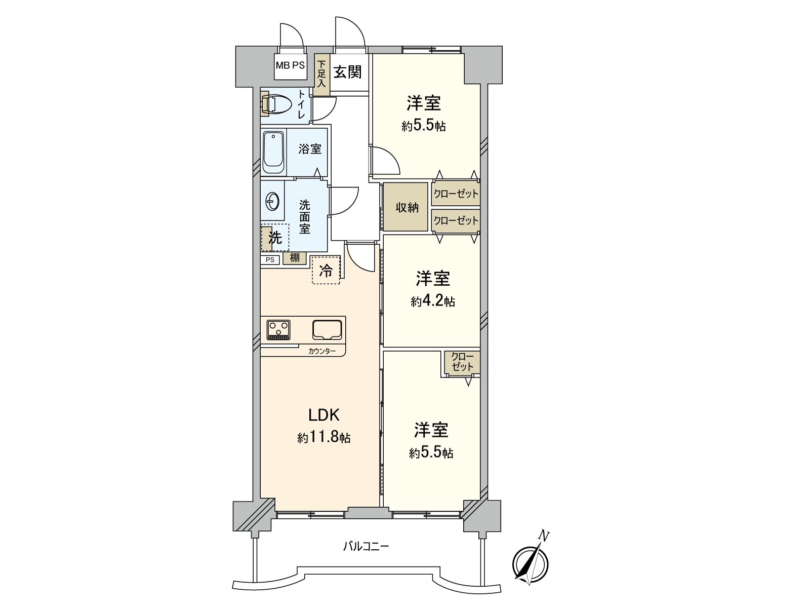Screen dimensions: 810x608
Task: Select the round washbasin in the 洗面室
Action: [x=272, y=202]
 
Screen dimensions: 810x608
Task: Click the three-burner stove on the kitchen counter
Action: [x=278, y=329]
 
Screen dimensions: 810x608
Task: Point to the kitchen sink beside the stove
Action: [x=327, y=329]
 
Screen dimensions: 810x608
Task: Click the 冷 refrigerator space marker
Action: [x=326, y=271]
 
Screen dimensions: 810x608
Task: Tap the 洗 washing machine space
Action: [x=275, y=238]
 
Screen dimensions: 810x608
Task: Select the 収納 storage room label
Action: [x=407, y=207]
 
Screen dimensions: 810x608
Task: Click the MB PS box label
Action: [x=291, y=65]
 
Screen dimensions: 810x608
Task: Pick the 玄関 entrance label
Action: [x=348, y=72]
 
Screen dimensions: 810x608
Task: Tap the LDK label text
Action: [x=323, y=415]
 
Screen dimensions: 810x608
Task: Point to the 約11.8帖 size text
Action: [x=324, y=438]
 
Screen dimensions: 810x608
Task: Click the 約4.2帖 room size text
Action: [x=433, y=302]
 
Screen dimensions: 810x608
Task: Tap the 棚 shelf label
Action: [x=295, y=258]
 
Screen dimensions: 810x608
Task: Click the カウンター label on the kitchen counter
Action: [x=322, y=351]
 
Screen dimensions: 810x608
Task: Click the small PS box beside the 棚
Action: [x=270, y=260]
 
